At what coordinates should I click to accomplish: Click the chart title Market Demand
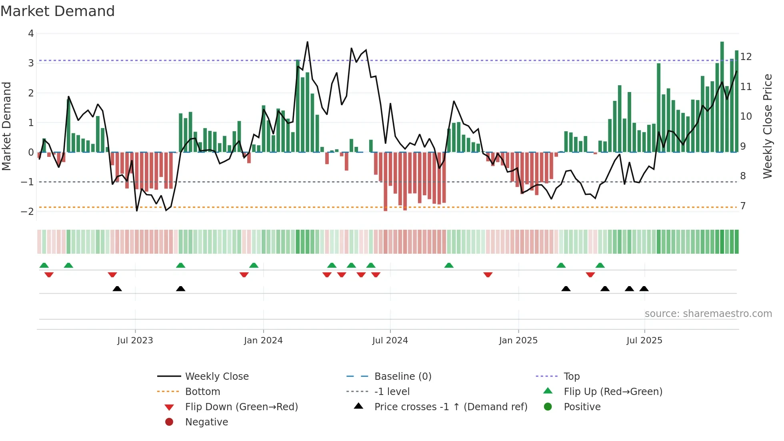click(58, 11)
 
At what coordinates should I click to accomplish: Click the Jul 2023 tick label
click(135, 340)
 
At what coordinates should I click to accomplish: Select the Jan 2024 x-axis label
click(263, 340)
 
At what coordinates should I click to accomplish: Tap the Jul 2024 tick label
click(390, 340)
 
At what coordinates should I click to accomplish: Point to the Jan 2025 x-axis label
click(518, 340)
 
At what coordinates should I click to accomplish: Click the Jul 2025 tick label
click(644, 340)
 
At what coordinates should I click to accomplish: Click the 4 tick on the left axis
click(31, 34)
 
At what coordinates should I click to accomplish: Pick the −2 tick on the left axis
click(28, 211)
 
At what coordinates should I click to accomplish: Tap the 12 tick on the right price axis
click(746, 56)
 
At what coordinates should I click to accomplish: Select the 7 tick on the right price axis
click(743, 206)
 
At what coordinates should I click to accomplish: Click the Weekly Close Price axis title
click(768, 126)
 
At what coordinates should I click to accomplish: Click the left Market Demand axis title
click(7, 126)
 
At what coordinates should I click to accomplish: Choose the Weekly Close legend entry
click(217, 376)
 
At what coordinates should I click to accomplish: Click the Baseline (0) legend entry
click(403, 376)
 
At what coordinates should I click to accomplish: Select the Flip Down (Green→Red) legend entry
click(241, 407)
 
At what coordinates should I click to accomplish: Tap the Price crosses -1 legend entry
click(451, 407)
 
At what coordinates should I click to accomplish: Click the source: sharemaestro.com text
click(708, 313)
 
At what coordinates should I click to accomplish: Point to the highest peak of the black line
click(307, 42)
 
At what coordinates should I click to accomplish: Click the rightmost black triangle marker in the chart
click(644, 289)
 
